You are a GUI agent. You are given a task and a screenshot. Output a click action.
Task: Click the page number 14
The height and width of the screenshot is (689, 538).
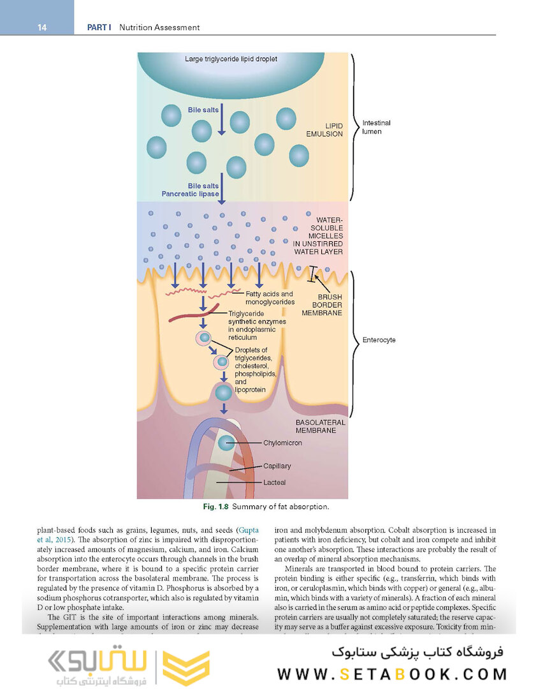point(41,27)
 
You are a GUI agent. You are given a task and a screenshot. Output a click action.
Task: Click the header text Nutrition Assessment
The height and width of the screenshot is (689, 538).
point(159,27)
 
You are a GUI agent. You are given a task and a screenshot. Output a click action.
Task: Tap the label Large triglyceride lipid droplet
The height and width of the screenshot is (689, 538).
point(231,59)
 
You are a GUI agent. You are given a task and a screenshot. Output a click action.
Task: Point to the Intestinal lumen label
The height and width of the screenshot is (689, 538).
point(377,127)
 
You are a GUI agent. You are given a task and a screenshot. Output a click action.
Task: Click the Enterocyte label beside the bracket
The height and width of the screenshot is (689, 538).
point(379,340)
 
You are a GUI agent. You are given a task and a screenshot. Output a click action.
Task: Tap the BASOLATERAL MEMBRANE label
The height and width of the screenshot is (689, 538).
point(321,426)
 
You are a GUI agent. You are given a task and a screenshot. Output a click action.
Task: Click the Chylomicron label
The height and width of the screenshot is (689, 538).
point(282,443)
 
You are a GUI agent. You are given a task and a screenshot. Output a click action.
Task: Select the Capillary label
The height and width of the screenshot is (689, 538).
point(277,466)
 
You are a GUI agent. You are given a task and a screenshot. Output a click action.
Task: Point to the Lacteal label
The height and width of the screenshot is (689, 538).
point(274,483)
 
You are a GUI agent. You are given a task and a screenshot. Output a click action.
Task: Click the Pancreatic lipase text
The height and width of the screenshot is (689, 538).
point(190,194)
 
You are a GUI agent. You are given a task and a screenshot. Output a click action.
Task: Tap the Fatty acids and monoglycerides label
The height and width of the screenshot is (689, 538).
point(270,297)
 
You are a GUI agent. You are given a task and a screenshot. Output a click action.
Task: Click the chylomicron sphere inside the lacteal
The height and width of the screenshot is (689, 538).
point(225,443)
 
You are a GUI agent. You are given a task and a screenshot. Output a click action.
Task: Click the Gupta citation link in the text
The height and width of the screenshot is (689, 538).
point(247,530)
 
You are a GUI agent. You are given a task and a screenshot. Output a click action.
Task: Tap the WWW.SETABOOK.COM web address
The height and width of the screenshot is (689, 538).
point(392,674)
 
